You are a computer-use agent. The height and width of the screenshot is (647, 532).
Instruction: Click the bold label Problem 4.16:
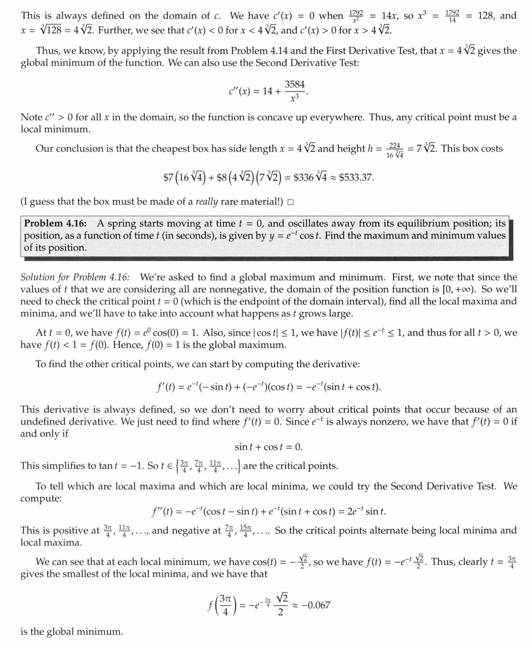[55, 223]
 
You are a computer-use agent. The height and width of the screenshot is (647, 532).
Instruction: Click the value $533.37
[356, 177]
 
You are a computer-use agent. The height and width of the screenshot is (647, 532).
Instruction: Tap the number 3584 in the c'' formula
[294, 84]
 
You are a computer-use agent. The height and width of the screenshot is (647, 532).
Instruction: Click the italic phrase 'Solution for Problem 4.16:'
[75, 277]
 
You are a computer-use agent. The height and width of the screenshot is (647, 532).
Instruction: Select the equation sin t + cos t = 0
[268, 447]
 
